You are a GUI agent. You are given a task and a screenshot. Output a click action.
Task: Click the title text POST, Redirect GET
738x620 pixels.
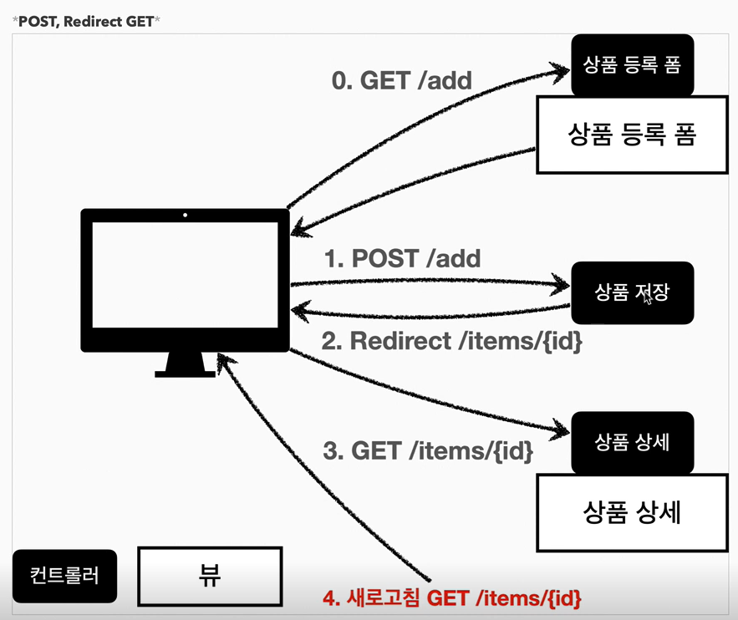pos(84,21)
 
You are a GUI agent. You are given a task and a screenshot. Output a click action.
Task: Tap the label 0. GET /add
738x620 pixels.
pos(402,80)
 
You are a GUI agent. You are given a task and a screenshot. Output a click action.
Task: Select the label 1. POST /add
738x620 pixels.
pos(402,258)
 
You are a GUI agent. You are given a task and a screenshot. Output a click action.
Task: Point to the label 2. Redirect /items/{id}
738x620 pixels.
pos(453,341)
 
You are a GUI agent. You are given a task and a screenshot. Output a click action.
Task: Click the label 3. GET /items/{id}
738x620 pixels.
pos(427,451)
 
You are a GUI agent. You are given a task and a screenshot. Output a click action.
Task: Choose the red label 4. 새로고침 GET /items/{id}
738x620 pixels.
pos(452,598)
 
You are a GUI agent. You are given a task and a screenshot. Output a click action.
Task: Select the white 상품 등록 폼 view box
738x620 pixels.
pos(632,135)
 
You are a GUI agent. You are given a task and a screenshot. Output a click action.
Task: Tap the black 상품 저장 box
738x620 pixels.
pos(632,292)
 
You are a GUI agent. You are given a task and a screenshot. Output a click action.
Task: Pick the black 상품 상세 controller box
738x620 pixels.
pos(632,443)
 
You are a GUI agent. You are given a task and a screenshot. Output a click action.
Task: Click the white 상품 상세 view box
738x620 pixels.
pos(632,511)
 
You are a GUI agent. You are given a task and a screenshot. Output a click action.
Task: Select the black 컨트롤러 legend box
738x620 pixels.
pos(64,576)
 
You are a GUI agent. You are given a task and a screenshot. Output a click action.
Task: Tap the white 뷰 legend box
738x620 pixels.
pos(209,575)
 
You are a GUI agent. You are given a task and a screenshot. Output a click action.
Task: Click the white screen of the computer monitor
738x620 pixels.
pos(184,275)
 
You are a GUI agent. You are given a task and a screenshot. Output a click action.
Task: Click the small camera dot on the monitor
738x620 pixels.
pos(185,216)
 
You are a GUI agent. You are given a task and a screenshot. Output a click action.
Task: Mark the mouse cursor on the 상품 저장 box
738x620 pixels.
pos(647,297)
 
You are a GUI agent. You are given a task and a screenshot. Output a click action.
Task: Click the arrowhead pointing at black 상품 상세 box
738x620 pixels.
pos(561,431)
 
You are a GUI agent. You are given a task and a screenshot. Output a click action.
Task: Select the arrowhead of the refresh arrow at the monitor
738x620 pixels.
pos(223,360)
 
